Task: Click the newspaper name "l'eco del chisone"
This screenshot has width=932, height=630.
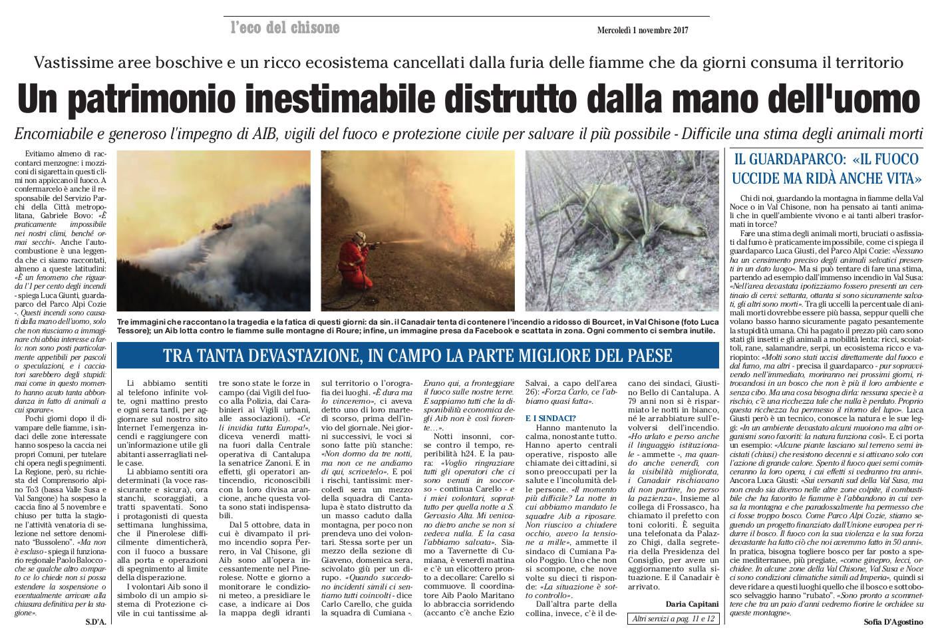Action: pos(285,28)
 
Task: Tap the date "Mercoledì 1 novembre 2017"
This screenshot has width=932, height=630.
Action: pos(642,30)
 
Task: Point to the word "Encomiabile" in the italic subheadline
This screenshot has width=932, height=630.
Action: pos(54,133)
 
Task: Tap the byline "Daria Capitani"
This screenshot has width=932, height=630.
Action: pos(692,604)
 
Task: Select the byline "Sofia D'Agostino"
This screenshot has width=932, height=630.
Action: pos(893,622)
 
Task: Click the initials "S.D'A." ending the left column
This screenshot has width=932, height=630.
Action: pos(96,622)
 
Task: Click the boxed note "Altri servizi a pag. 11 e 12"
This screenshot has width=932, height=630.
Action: pos(673,619)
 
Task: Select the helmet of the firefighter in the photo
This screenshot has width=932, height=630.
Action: pos(360,237)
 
